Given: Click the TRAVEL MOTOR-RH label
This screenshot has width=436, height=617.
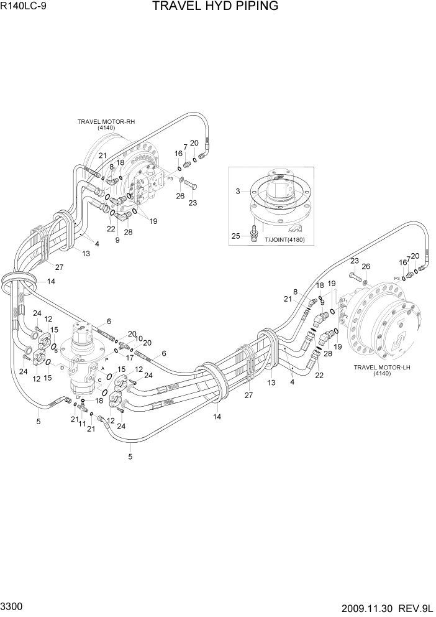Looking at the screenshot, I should click(x=106, y=122).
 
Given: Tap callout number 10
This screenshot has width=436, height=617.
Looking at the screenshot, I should click(x=140, y=338).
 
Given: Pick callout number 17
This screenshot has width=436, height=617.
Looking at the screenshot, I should click(x=130, y=358).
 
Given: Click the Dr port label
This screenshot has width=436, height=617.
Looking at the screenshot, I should click(x=79, y=396).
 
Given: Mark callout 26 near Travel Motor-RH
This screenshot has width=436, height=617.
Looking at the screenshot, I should click(x=180, y=196).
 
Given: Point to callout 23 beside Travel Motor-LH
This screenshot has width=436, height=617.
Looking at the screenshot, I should click(x=355, y=261).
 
